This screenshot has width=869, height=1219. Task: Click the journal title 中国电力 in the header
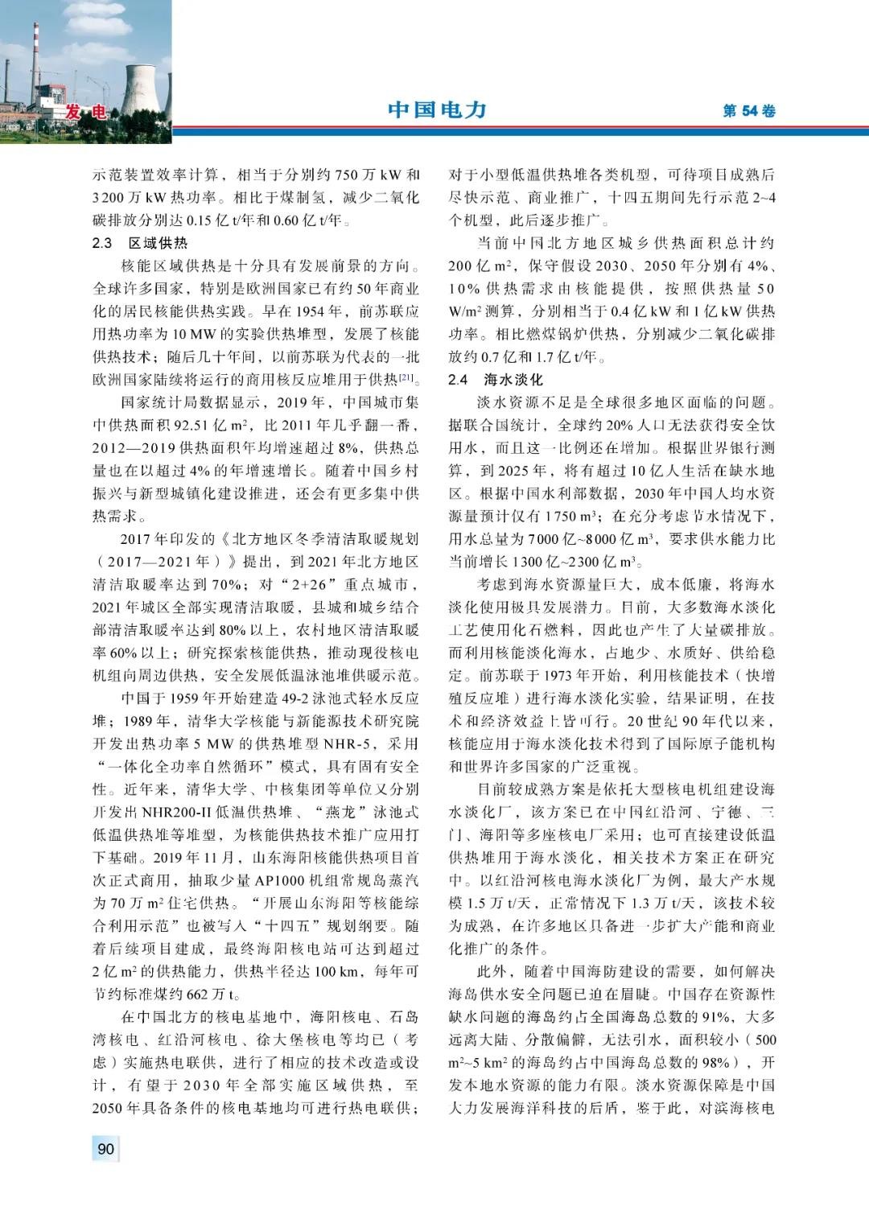[437, 110]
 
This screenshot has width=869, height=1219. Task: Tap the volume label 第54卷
[748, 112]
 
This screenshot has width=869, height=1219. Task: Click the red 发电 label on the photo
[86, 113]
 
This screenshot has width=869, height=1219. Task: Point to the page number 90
[105, 1149]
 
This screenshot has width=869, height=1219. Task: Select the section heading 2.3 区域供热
[140, 243]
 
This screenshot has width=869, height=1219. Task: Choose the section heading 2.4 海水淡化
[496, 379]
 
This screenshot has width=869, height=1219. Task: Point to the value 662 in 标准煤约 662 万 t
[199, 995]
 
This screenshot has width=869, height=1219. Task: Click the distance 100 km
[336, 972]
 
